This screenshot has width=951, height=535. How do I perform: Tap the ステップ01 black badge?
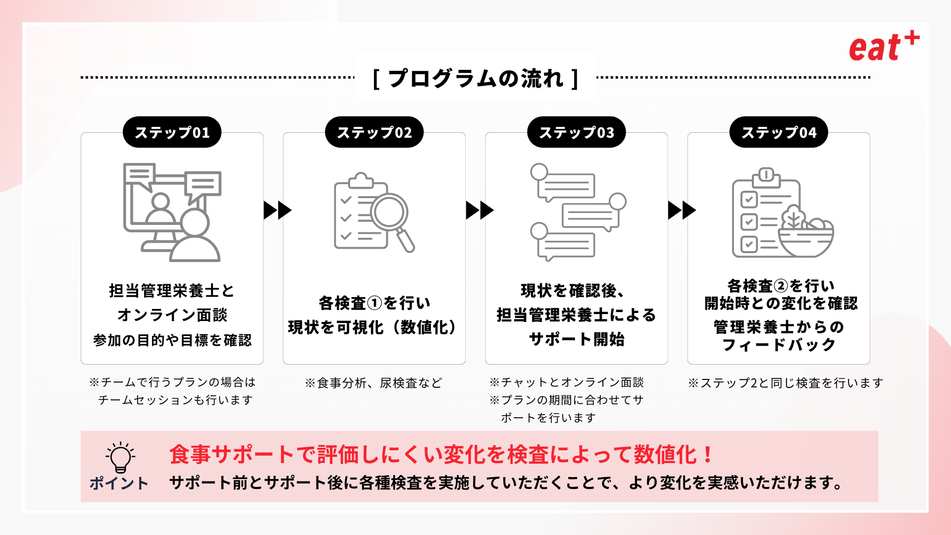[172, 132]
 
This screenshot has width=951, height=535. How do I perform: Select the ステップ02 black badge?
[374, 132]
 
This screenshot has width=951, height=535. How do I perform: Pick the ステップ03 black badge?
[576, 132]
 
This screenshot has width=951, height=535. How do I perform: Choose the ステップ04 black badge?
[779, 132]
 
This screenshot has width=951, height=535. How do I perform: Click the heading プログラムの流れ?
[475, 78]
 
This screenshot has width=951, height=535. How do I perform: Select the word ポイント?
[119, 483]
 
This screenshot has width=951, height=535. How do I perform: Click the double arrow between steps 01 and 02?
[277, 210]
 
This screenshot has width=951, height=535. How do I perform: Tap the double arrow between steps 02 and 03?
[479, 210]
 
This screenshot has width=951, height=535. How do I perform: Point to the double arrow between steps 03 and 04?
[682, 210]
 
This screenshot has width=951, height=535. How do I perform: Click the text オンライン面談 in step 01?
[172, 315]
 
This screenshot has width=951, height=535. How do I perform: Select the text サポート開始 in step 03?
[577, 339]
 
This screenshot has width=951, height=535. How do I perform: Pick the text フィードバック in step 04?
[779, 345]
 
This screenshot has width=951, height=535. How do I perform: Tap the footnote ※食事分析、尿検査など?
[373, 383]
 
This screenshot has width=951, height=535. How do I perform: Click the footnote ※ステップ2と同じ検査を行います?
[786, 383]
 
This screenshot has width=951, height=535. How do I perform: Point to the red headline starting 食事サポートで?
[441, 455]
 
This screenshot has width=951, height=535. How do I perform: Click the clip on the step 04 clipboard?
[766, 175]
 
